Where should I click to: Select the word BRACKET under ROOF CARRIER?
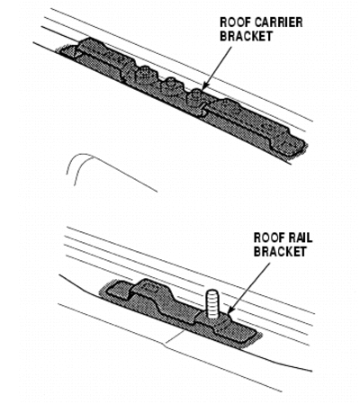246,36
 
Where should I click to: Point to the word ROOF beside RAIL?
265,238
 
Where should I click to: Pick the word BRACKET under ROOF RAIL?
280,251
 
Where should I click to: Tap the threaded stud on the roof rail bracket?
211,304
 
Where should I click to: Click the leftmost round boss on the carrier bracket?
144,74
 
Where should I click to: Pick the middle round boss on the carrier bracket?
171,84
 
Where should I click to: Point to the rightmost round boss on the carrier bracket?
195,96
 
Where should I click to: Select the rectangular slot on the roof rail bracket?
149,289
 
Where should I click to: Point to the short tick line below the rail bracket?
175,337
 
